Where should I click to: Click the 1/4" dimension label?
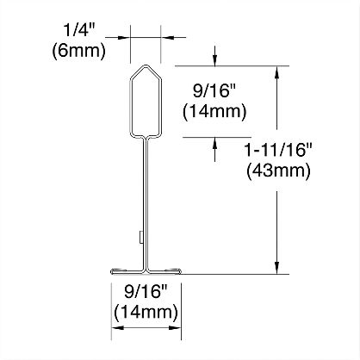tap(78, 30)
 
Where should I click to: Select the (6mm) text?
tap(79, 51)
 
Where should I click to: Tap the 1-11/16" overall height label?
tap(278, 150)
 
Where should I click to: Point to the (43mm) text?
tap(278, 171)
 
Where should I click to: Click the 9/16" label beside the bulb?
tap(214, 91)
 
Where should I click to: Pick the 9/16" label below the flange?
tap(146, 292)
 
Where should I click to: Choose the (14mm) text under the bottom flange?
tap(146, 313)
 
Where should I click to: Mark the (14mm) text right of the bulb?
tap(214, 111)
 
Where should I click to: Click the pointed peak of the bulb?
tap(146, 65)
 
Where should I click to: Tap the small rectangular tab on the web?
tap(141, 237)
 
